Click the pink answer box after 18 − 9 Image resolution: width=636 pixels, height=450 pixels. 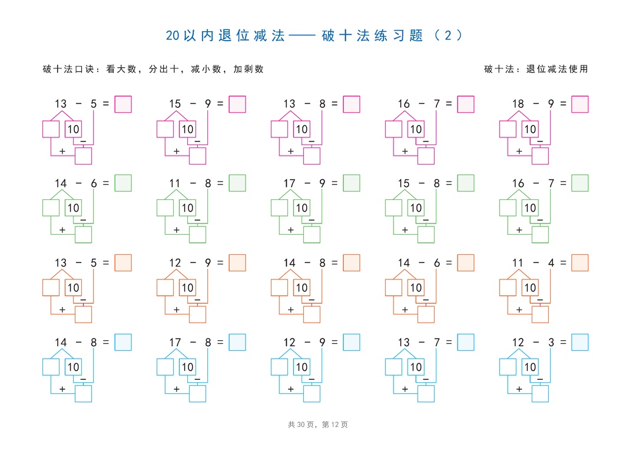pos(579,104)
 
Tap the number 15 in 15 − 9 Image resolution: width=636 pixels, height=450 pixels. pos(175,104)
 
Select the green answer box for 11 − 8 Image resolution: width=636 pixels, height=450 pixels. pos(237,183)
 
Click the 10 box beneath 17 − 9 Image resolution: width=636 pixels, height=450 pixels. pos(302,208)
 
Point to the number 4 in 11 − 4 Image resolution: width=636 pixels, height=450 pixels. pos(551,263)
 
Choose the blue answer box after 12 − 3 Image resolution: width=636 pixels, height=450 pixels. pos(579,342)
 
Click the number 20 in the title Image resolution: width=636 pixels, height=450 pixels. pos(173,36)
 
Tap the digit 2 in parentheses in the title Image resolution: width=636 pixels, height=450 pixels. pos(448,36)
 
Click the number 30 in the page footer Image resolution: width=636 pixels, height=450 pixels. pos(301,425)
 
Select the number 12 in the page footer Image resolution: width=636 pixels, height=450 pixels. pos(334,425)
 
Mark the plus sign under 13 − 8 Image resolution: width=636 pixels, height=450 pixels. pos(290,151)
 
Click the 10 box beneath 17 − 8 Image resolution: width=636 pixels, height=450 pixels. pos(187,367)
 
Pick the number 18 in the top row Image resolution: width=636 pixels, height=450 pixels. pos(518,104)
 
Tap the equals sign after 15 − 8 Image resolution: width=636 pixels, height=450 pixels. pos(449,183)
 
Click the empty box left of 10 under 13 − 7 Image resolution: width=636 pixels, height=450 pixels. pos(393,367)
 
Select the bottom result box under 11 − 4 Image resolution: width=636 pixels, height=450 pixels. pos(540,314)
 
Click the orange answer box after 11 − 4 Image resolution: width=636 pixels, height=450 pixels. pos(579,262)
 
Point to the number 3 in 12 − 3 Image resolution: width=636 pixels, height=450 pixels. pos(551,343)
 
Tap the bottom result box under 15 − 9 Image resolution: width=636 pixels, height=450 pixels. pos(197,156)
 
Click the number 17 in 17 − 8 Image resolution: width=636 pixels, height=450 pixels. pos(175,343)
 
